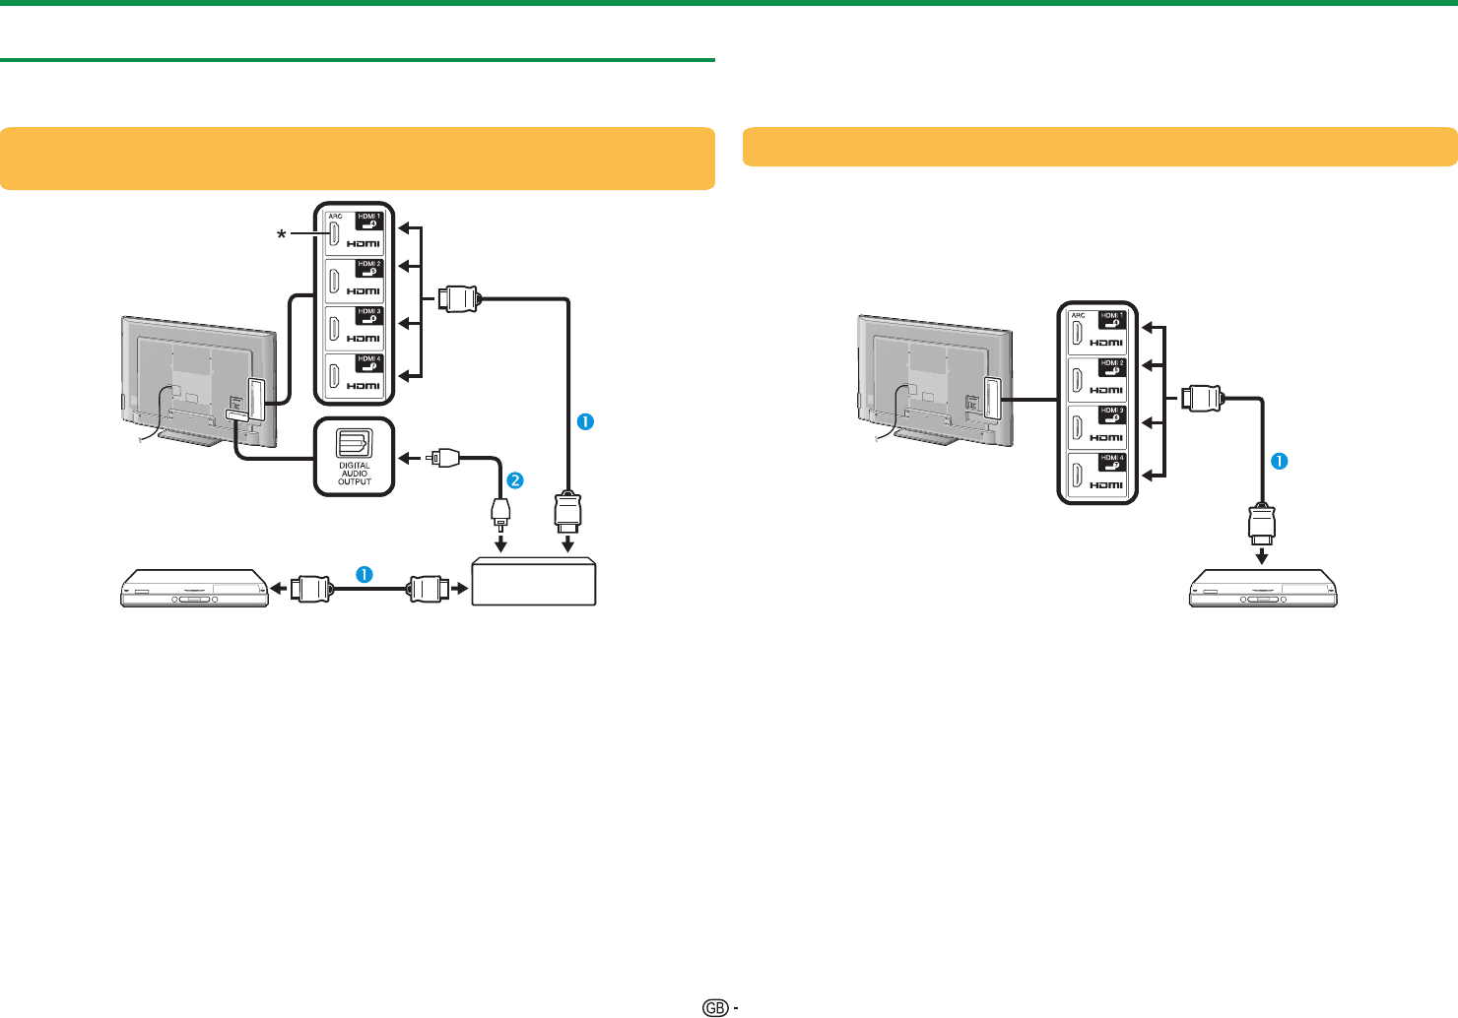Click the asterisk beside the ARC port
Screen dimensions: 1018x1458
click(x=283, y=234)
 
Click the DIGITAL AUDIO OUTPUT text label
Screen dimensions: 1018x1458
click(x=355, y=474)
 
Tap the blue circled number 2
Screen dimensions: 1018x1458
click(x=514, y=480)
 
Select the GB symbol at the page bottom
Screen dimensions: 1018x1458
click(x=715, y=1007)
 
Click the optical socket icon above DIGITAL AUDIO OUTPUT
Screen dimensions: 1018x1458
click(x=354, y=443)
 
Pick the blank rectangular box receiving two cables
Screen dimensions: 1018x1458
click(x=534, y=582)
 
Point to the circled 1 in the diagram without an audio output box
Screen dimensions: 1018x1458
click(x=1280, y=461)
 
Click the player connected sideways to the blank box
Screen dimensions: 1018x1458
click(x=194, y=588)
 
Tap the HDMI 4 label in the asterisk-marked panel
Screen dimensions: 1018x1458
click(x=369, y=360)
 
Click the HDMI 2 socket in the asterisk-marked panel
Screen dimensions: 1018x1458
click(x=336, y=281)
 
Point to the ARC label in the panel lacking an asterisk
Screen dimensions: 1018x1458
click(x=1078, y=316)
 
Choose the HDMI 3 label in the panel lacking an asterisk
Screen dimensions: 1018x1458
click(x=1112, y=412)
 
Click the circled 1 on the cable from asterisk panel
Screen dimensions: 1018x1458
click(x=585, y=421)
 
